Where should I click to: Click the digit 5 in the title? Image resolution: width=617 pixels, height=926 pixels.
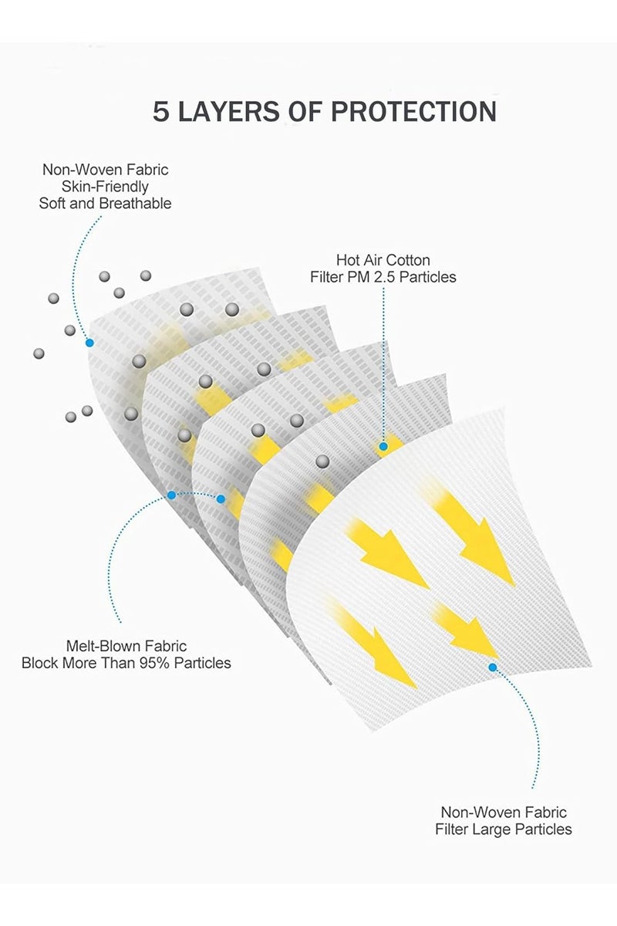tap(161, 112)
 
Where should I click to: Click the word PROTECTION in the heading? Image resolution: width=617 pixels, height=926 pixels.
tap(413, 112)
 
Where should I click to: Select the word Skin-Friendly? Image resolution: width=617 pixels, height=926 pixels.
tap(105, 187)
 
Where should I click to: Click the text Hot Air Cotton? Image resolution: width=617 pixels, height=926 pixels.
tap(383, 260)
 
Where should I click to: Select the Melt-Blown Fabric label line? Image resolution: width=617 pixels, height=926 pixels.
tap(126, 646)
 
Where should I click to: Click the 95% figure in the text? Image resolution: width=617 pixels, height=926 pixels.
tap(154, 663)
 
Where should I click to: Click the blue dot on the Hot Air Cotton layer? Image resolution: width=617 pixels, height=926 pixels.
tap(383, 447)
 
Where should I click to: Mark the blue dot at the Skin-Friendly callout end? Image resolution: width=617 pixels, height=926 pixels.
tap(89, 343)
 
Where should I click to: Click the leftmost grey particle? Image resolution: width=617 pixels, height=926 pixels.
tap(39, 353)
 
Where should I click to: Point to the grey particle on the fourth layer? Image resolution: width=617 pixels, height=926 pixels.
tap(322, 461)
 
